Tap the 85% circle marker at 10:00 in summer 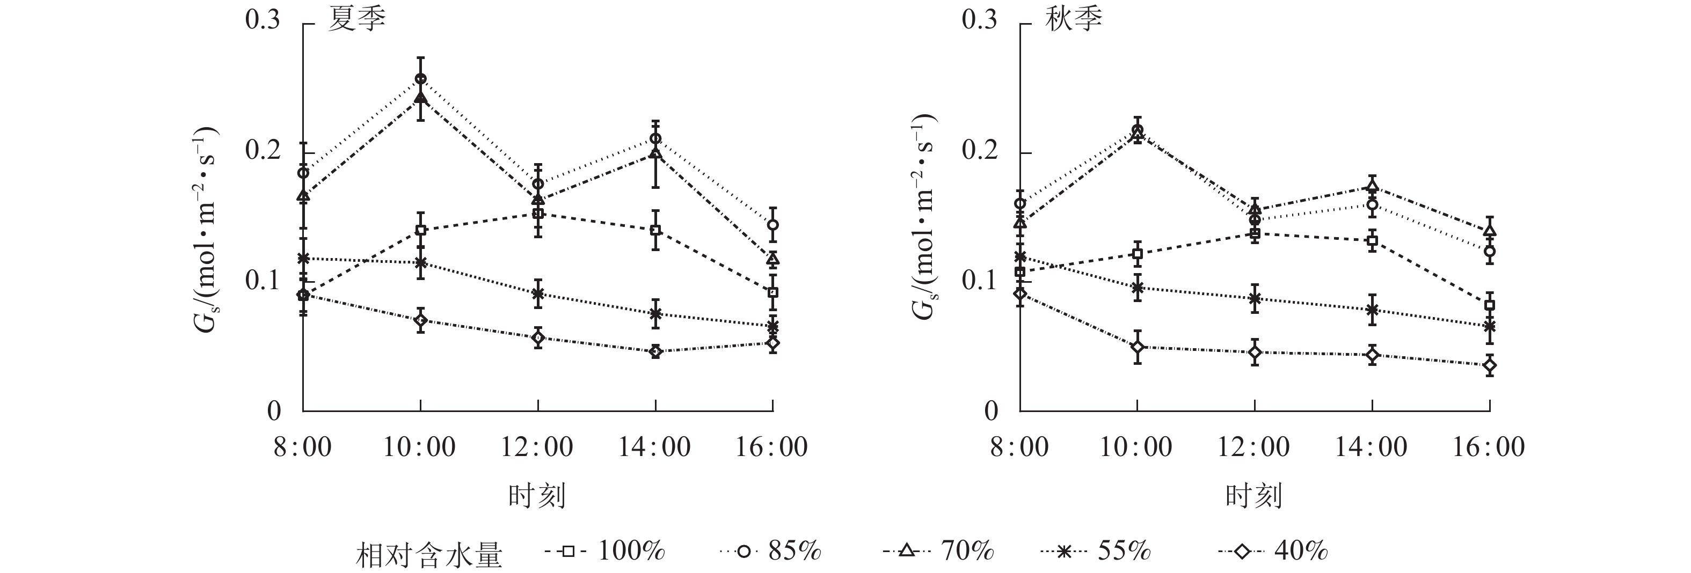click(x=421, y=79)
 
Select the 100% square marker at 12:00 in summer click(x=537, y=214)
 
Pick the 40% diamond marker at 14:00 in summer click(x=655, y=352)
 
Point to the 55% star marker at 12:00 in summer click(x=537, y=293)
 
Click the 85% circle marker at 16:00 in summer click(x=772, y=224)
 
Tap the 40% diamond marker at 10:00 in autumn click(x=1137, y=347)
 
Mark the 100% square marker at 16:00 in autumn click(x=1490, y=305)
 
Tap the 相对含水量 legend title click(x=429, y=555)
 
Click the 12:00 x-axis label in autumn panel click(x=1254, y=447)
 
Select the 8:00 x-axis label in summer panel click(x=303, y=447)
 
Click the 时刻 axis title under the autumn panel click(x=1254, y=496)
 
